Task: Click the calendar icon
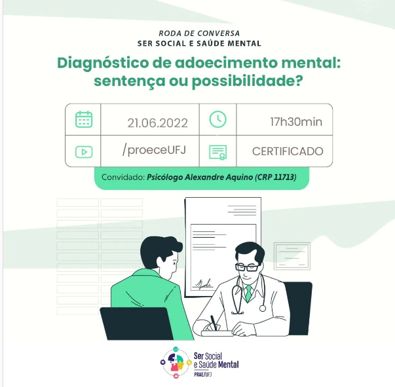coord(84,119)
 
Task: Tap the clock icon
coord(218,119)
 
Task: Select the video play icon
coord(84,152)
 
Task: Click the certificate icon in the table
coord(218,153)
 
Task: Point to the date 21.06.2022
coord(157,123)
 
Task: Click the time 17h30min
coord(296,122)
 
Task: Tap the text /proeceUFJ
coord(154,150)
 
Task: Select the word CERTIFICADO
coord(288,151)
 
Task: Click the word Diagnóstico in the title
coord(103,64)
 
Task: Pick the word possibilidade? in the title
coord(248,81)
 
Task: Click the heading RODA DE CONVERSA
coord(199,33)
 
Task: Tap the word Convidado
coord(123,177)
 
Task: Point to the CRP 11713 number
coord(276,177)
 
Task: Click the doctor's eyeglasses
coord(247,267)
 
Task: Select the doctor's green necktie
coord(249,293)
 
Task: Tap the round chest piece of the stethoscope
coord(263,308)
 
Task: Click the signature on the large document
coord(203,284)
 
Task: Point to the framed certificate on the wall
coord(292,256)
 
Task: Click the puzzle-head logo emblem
coord(176,362)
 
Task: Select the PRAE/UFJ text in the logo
coord(203,375)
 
